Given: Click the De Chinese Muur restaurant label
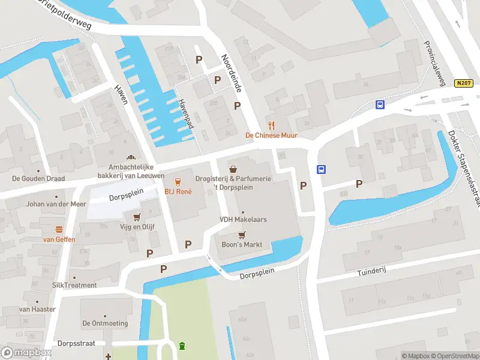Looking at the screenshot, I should (x=271, y=136).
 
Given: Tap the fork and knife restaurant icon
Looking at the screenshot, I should (x=271, y=125).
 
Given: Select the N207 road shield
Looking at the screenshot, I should (x=462, y=84).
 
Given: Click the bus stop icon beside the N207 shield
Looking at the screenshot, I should (x=380, y=104).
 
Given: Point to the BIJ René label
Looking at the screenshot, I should (x=178, y=191).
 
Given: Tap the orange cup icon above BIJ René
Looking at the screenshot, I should (x=178, y=181).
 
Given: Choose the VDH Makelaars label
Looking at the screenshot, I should (x=242, y=220).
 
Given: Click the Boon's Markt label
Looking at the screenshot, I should (x=242, y=245).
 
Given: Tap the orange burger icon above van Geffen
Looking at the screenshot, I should (x=59, y=229).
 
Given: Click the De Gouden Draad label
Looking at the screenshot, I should (x=38, y=178).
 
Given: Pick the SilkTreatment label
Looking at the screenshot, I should (x=74, y=285).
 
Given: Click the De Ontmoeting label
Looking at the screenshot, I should (x=105, y=323).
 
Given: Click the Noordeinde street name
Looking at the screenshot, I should (x=231, y=73).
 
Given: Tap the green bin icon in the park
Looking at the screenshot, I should (x=182, y=346).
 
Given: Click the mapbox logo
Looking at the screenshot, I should (x=26, y=352).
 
